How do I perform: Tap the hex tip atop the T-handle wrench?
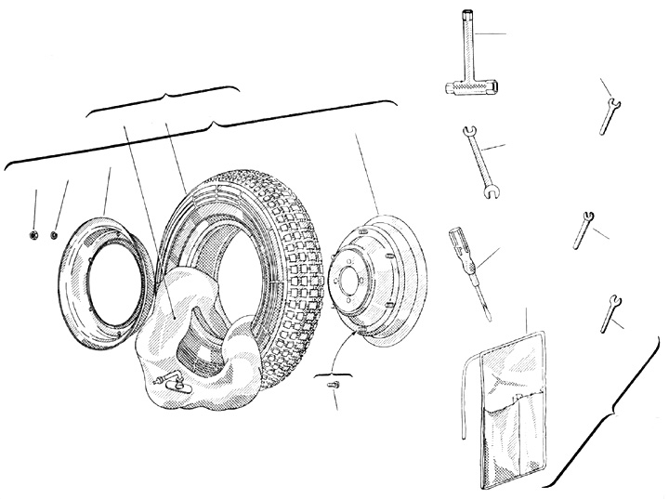coord(463,16)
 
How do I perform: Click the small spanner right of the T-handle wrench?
coord(609,109)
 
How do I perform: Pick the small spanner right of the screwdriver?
coord(584,229)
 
